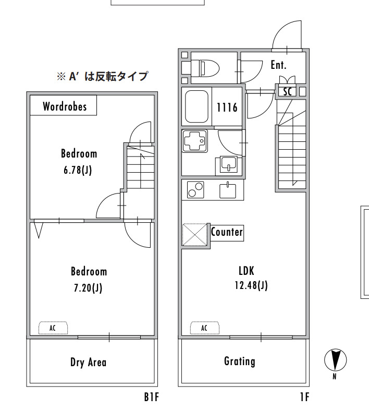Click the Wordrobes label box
[x=63, y=105]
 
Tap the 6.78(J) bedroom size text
[x=78, y=170]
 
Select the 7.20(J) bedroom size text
[x=88, y=288]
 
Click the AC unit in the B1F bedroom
[x=53, y=328]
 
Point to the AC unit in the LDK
[x=205, y=328]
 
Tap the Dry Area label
[x=88, y=363]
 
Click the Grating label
[x=240, y=361]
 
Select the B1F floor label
[x=151, y=397]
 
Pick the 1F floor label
[x=305, y=397]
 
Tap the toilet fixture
[x=205, y=68]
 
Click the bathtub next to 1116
[x=197, y=106]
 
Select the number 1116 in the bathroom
[x=227, y=107]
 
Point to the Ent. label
[x=279, y=65]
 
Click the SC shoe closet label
[x=288, y=91]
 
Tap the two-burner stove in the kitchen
[x=195, y=190]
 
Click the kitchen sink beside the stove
[x=228, y=190]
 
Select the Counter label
[x=227, y=232]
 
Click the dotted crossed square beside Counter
[x=195, y=235]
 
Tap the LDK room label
[x=247, y=271]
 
